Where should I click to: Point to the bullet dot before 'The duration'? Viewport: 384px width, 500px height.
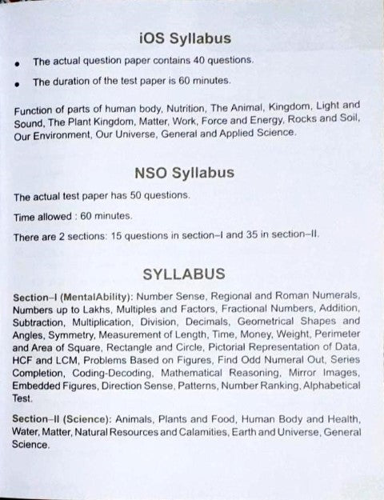[x=18, y=82]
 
